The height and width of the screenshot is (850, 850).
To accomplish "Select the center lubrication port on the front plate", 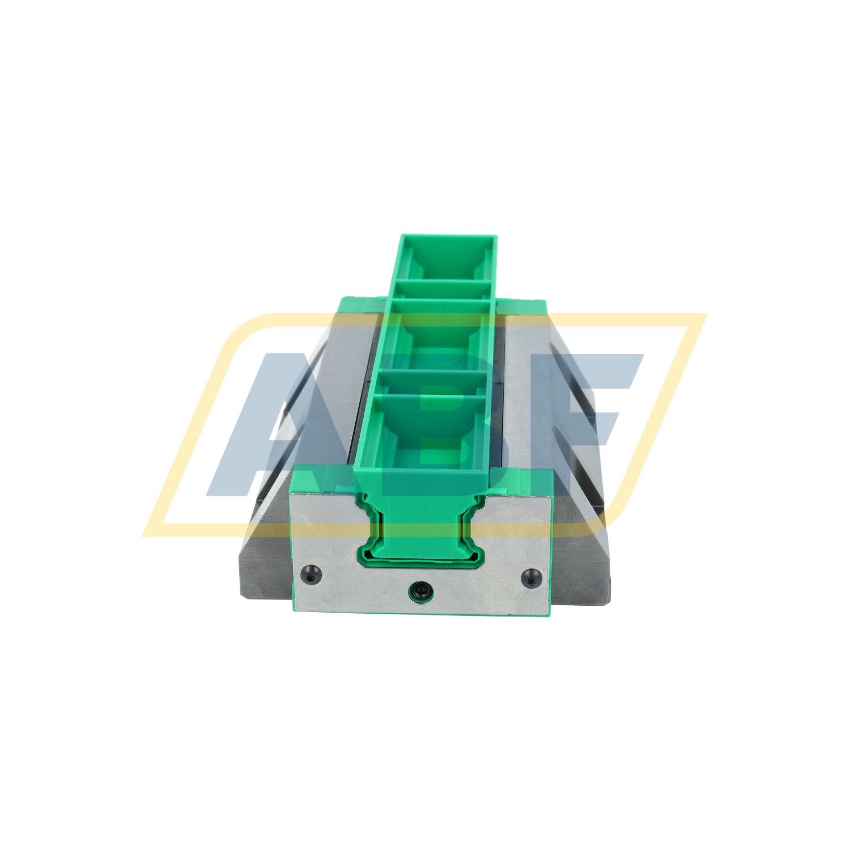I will [420, 591].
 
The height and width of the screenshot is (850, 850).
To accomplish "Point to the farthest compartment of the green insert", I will [445, 258].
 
